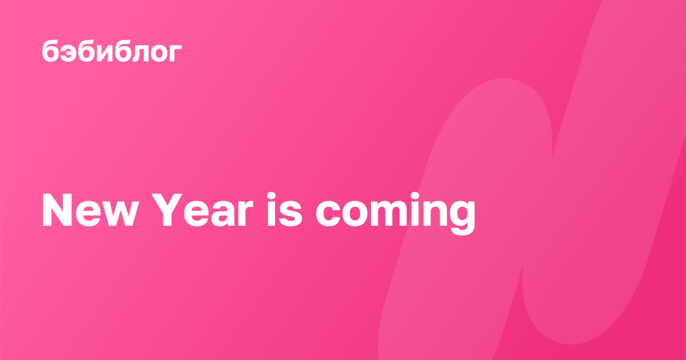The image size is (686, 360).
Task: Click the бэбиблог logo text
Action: coord(112,51)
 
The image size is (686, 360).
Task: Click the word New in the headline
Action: coord(90,210)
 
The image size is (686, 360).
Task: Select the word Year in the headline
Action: coord(202,210)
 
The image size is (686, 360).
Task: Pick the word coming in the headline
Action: coord(396,213)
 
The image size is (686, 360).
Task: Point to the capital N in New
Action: coord(57,210)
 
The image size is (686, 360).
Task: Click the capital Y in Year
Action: coord(167,210)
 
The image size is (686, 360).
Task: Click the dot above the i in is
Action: coord(272,196)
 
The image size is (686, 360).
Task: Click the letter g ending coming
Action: coord(462,218)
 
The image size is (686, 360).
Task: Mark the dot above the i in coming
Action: coord(415,196)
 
